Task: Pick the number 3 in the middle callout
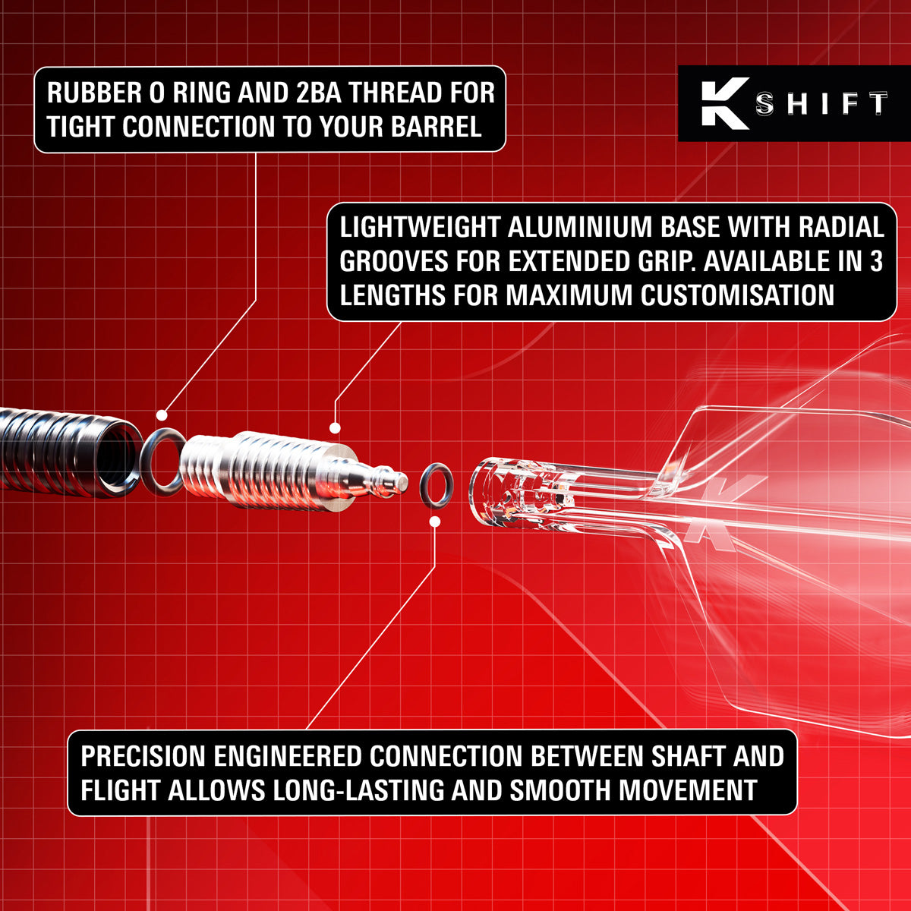pos(875,261)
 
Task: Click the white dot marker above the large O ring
pos(161,415)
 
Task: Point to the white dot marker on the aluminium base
pos(335,428)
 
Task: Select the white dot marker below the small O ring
pos(435,522)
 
